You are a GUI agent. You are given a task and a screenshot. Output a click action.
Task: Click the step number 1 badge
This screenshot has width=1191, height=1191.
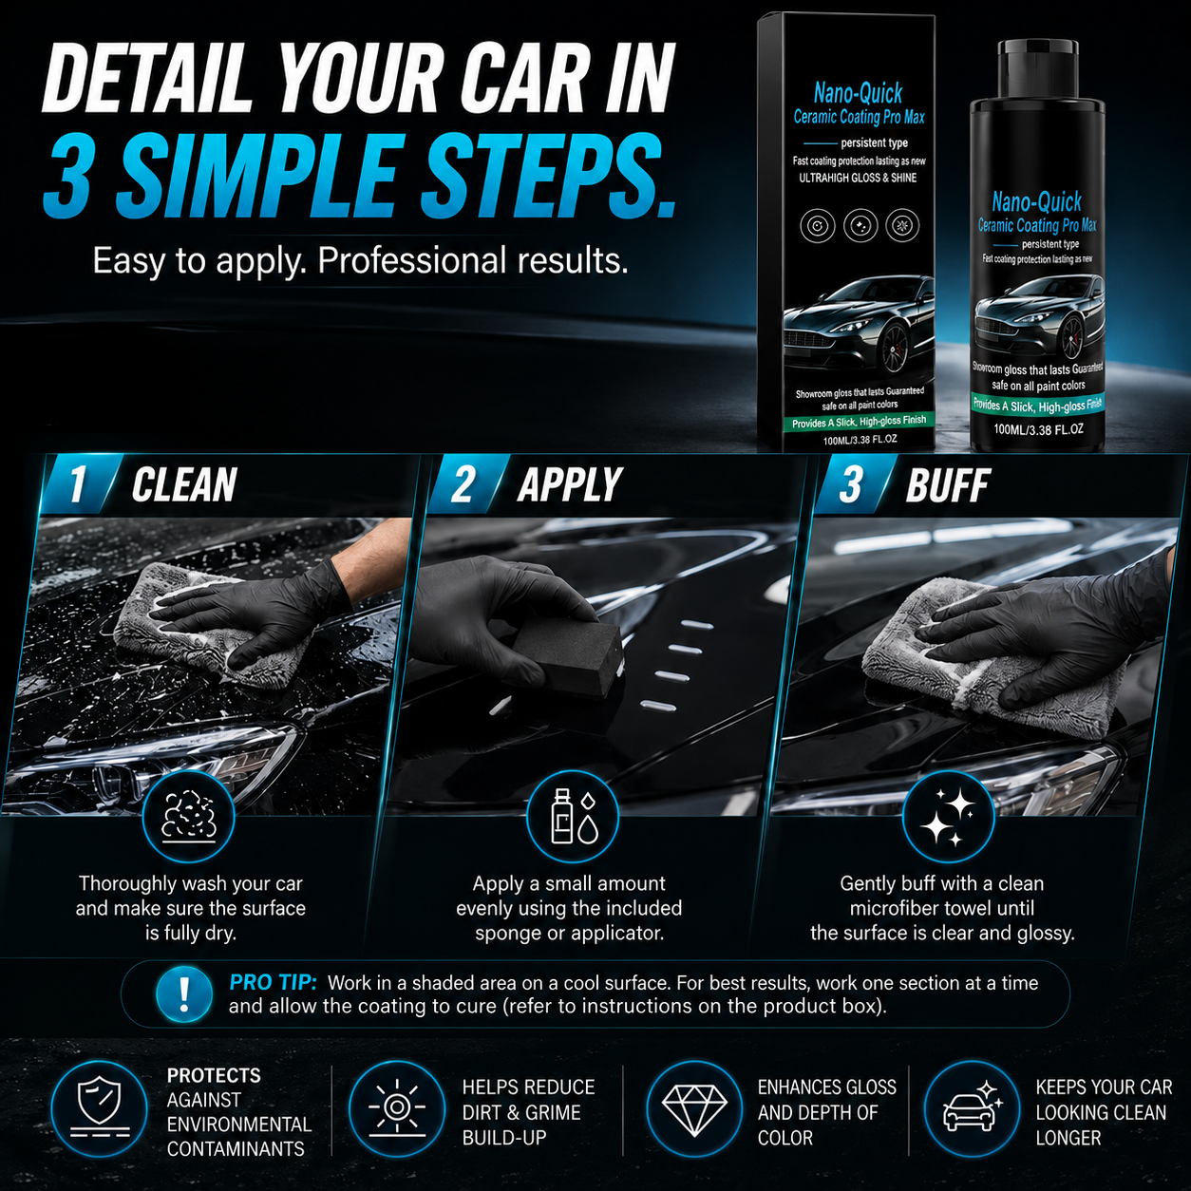pyautogui.click(x=77, y=485)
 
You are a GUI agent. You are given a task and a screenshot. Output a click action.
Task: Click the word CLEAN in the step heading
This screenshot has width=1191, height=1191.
pyautogui.click(x=184, y=484)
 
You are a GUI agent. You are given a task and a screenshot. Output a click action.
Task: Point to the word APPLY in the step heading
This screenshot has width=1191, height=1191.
pyautogui.click(x=570, y=484)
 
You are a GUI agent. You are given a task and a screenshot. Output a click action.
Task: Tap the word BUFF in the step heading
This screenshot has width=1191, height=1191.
pyautogui.click(x=948, y=484)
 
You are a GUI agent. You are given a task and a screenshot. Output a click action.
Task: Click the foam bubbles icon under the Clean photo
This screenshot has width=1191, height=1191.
pyautogui.click(x=188, y=817)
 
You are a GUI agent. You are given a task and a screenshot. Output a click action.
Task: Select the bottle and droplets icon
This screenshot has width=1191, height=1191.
pyautogui.click(x=573, y=817)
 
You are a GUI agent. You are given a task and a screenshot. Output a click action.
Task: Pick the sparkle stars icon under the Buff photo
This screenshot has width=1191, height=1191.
pyautogui.click(x=948, y=817)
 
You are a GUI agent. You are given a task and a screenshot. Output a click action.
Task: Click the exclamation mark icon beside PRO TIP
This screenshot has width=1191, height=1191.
pyautogui.click(x=183, y=994)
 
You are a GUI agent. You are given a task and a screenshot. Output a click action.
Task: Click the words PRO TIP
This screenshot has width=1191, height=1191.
pyautogui.click(x=273, y=982)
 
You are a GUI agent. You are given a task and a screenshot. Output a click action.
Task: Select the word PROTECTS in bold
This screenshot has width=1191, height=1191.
pyautogui.click(x=214, y=1075)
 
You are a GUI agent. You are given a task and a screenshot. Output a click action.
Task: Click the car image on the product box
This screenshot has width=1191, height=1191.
pyautogui.click(x=859, y=324)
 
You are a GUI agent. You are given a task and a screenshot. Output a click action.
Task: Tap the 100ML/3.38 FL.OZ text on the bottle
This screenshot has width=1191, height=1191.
pyautogui.click(x=1038, y=429)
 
